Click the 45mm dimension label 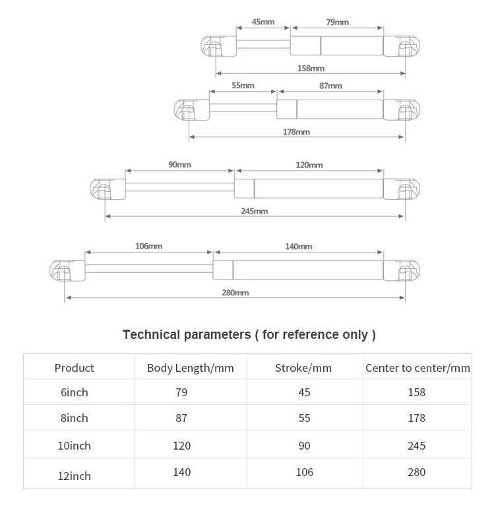point(263,22)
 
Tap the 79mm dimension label point(338,22)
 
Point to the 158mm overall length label point(311,69)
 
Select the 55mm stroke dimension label point(243,86)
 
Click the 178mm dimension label point(296,133)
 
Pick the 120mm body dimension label point(309,165)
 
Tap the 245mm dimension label point(255,212)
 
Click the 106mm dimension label point(148,247)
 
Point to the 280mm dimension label point(235,293)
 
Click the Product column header point(74,368)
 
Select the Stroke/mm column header point(303,368)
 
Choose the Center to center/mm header point(417,368)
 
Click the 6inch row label point(74,392)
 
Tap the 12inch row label point(74,476)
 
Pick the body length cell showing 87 point(181,418)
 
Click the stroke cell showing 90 point(304,446)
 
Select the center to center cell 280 point(416,473)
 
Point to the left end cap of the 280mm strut point(67,270)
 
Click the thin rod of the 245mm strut point(180,187)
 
